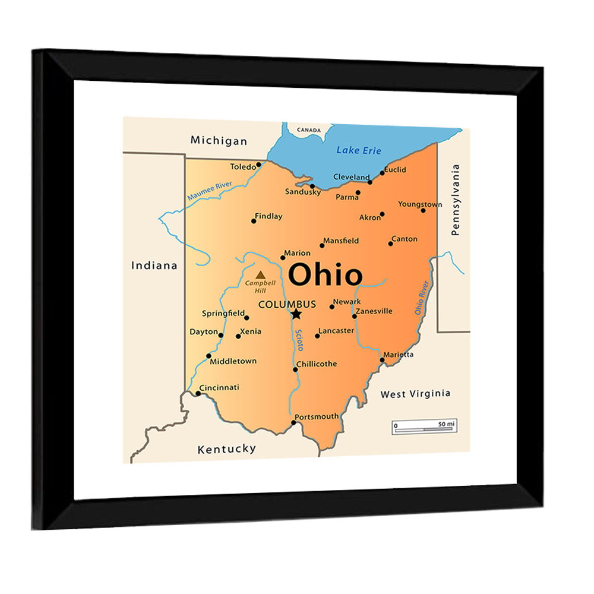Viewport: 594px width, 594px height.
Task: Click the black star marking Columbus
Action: pyautogui.click(x=296, y=314)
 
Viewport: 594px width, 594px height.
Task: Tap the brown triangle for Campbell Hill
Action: pyautogui.click(x=260, y=275)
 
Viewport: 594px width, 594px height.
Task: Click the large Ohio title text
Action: pyautogui.click(x=325, y=276)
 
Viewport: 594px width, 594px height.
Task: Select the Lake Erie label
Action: pyautogui.click(x=359, y=150)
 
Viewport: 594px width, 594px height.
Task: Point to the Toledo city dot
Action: pyautogui.click(x=258, y=165)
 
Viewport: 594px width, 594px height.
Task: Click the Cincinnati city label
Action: pyautogui.click(x=219, y=387)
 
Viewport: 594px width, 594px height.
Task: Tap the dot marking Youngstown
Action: pyautogui.click(x=423, y=210)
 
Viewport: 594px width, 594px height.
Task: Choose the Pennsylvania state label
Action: pyautogui.click(x=456, y=200)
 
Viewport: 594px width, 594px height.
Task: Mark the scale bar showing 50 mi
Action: pyautogui.click(x=424, y=426)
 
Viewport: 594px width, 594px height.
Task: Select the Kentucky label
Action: pyautogui.click(x=226, y=449)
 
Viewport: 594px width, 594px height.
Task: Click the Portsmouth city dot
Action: pyautogui.click(x=293, y=423)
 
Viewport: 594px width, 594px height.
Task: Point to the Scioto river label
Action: pyautogui.click(x=299, y=340)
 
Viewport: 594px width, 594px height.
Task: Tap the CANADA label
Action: pyautogui.click(x=309, y=129)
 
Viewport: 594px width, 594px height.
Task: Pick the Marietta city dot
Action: pyautogui.click(x=382, y=359)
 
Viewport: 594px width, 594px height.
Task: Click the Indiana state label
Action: pyautogui.click(x=154, y=266)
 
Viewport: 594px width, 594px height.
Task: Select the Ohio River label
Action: pyautogui.click(x=422, y=298)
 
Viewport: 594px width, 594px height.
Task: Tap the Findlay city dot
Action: pyautogui.click(x=254, y=221)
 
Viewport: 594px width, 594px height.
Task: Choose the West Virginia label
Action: pyautogui.click(x=415, y=393)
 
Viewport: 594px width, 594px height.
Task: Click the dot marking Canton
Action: pyautogui.click(x=391, y=244)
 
